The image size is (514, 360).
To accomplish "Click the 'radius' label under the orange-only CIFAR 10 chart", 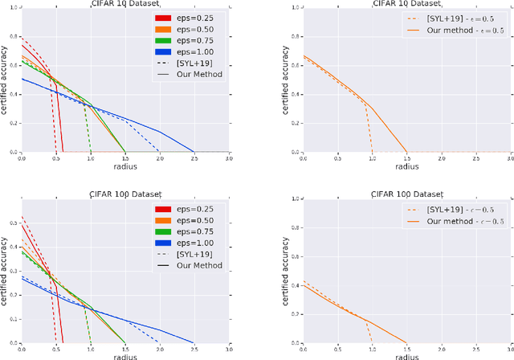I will coord(406,166).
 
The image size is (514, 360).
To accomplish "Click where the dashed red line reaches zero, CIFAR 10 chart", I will coord(56,151).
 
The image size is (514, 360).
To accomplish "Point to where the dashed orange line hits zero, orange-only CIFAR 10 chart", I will coord(372,151).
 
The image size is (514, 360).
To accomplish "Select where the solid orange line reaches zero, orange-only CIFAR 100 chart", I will coord(406,342).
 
